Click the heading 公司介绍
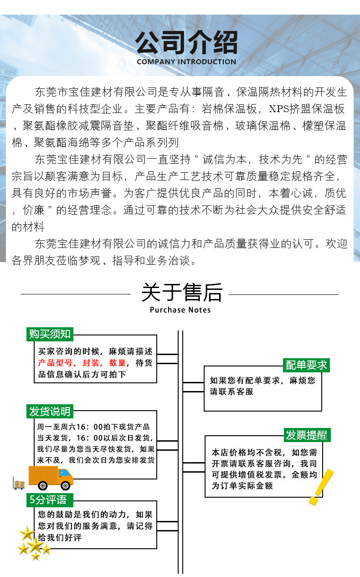pos(186,43)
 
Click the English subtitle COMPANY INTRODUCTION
pos(186,62)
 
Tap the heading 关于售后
pos(181,293)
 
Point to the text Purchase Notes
pos(180,310)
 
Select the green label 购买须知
pos(50,334)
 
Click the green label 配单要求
pos(306,365)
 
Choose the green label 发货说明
pos(50,412)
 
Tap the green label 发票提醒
pos(306,435)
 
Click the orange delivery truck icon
pos(51,477)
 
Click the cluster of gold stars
pos(33,543)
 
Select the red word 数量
pos(118,363)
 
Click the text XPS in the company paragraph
pos(281,109)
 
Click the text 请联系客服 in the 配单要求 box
pos(231,392)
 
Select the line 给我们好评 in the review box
pos(60,538)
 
